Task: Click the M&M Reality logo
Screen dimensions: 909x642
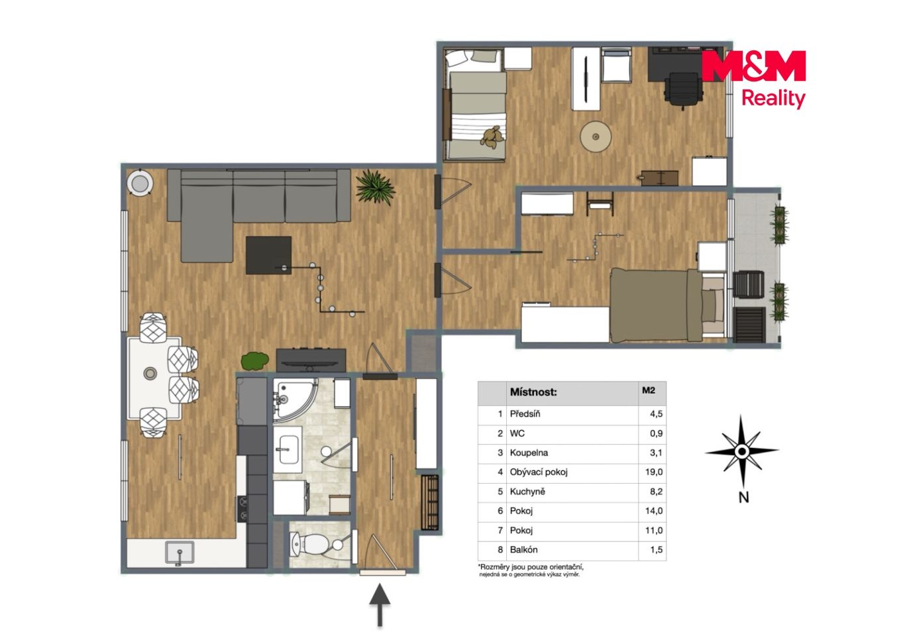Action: coord(753,79)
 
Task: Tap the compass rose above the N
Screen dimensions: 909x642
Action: coord(742,451)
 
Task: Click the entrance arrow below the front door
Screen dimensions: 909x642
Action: coord(380,605)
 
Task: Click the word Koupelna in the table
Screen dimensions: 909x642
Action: coord(528,453)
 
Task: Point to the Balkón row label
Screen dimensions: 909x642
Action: coord(523,549)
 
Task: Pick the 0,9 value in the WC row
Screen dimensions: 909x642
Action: coord(656,433)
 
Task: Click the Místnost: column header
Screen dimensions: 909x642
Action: coord(533,392)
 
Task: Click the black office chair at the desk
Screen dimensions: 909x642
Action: coord(683,89)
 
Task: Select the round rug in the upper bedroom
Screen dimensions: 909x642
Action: coord(596,136)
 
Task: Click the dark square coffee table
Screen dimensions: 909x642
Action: coord(268,255)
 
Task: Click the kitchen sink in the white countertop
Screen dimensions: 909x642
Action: coord(180,552)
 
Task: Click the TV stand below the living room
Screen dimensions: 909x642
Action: coord(311,359)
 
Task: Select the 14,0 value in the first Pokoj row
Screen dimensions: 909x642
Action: coord(654,511)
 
